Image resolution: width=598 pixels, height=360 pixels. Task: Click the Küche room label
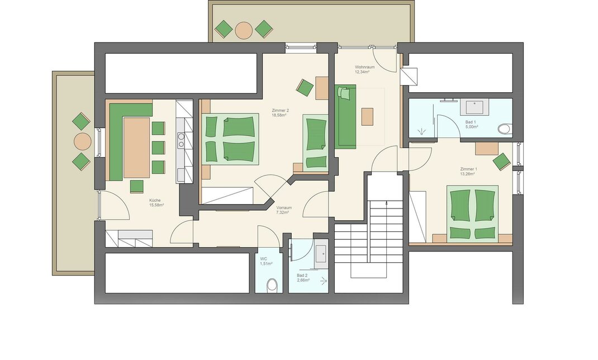click(155, 200)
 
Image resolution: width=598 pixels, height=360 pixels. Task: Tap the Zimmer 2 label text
click(281, 110)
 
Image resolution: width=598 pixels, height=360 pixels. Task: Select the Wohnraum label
click(364, 67)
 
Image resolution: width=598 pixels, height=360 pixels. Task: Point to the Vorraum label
click(284, 208)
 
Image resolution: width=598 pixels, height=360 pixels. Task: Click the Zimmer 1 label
click(469, 169)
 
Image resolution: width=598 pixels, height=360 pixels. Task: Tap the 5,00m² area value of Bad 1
click(472, 127)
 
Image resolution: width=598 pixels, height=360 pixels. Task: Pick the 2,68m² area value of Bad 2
click(303, 280)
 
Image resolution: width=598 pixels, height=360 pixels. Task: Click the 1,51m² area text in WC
click(266, 263)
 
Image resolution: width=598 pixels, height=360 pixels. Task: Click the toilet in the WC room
click(272, 285)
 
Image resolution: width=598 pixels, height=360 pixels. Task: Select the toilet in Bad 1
click(505, 129)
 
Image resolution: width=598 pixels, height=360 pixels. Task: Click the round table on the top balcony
click(244, 30)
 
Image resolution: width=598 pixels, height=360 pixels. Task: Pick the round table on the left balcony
click(82, 141)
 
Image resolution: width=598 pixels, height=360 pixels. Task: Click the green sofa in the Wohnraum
click(345, 116)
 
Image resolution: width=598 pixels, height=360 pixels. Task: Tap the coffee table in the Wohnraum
click(367, 117)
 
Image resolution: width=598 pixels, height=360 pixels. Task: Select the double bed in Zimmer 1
click(472, 214)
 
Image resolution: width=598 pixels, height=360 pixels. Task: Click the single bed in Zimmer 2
click(315, 142)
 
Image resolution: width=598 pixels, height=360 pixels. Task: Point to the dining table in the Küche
click(136, 148)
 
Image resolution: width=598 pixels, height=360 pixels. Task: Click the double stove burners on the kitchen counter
click(181, 140)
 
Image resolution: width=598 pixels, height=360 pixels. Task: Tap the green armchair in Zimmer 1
click(501, 162)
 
